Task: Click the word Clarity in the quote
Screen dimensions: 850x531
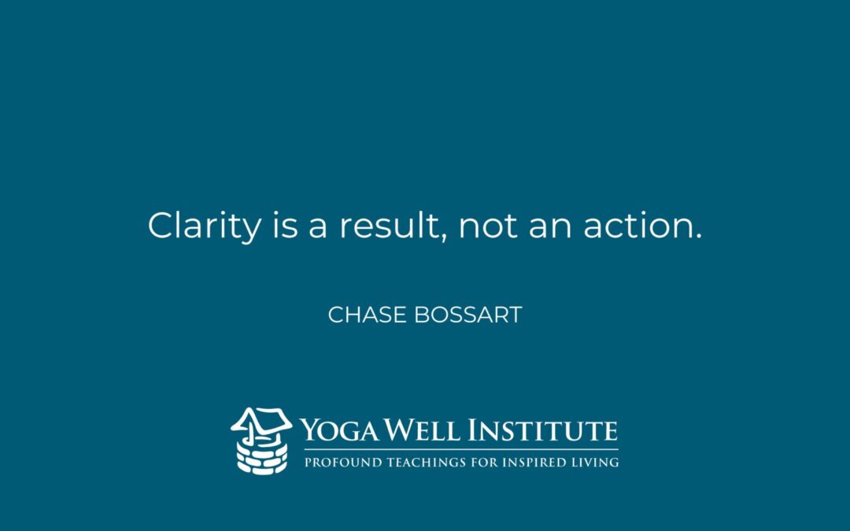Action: pos(204,227)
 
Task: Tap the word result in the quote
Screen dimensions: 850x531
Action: pos(389,225)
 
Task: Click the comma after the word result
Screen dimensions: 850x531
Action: pos(443,237)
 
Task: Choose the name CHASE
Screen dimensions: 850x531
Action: pos(367,315)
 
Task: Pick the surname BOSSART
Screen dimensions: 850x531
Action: pos(468,315)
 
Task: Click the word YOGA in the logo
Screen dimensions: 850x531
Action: pos(339,430)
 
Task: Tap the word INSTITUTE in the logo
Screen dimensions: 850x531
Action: pos(542,430)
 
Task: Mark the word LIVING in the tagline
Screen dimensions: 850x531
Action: pos(596,463)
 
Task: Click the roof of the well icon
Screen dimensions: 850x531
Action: pos(261,420)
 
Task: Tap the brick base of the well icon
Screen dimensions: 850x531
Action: pos(262,457)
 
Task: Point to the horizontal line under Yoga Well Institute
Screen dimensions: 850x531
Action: pos(460,450)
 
